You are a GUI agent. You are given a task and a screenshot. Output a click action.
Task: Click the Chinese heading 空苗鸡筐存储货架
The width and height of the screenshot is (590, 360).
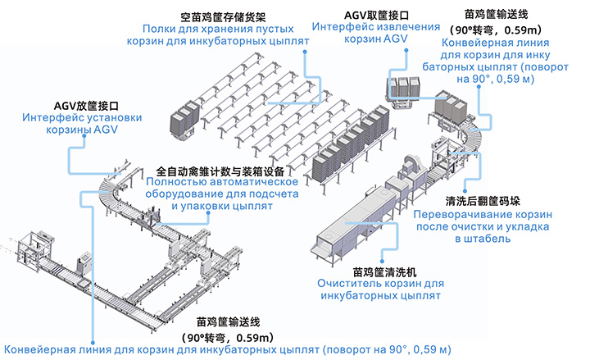point(223,17)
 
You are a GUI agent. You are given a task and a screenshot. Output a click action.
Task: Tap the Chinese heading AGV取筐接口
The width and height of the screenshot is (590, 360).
point(376,16)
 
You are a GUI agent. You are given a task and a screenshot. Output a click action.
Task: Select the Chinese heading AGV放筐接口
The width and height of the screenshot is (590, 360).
point(86,106)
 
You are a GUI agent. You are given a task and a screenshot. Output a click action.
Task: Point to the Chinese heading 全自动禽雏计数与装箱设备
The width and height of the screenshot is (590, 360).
point(220,171)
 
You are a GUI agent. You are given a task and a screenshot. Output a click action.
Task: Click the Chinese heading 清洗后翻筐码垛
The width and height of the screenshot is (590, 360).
point(483,201)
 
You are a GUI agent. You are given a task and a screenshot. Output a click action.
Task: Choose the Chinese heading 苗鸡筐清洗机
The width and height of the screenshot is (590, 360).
point(384,272)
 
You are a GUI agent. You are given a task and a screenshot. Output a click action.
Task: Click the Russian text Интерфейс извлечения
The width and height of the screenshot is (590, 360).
point(376,27)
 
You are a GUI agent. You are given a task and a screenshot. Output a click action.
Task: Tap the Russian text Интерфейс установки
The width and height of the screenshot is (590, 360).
point(82,118)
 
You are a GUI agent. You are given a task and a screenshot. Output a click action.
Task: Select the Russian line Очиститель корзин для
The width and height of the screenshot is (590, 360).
point(380,284)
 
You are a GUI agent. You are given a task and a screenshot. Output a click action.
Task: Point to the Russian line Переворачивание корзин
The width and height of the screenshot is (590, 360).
point(483,215)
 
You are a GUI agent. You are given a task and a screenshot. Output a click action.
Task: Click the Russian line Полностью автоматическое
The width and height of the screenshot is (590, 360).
point(222,182)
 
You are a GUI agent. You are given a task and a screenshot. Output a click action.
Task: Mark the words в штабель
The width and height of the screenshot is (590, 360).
point(483,239)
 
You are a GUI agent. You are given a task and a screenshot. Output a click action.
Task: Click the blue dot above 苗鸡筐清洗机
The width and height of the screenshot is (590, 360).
point(382,261)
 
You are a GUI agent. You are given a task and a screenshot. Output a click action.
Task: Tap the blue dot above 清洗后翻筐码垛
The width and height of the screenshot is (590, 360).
point(465,191)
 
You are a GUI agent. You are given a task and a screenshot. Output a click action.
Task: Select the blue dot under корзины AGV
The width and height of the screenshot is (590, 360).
point(84,136)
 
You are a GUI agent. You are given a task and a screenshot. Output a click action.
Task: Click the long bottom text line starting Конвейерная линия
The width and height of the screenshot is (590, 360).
point(227,350)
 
